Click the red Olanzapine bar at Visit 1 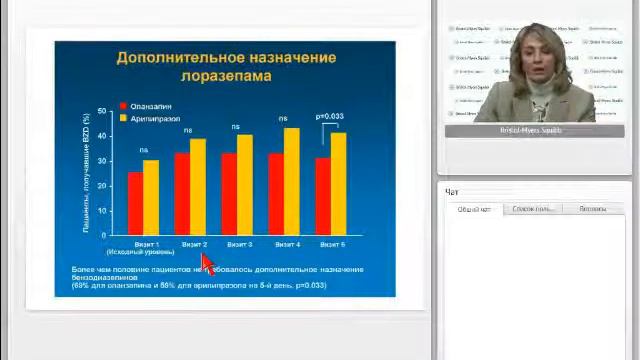(135, 203)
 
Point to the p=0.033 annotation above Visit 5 (329, 117)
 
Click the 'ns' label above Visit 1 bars (143, 150)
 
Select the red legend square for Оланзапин (123, 106)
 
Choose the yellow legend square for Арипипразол (123, 118)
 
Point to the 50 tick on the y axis (101, 110)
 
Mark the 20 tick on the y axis (101, 185)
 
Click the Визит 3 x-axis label (239, 244)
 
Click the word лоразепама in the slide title (225, 76)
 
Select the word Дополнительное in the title (176, 57)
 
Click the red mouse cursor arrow (206, 262)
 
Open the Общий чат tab (474, 209)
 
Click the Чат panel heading (452, 192)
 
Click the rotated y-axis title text (87, 172)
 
